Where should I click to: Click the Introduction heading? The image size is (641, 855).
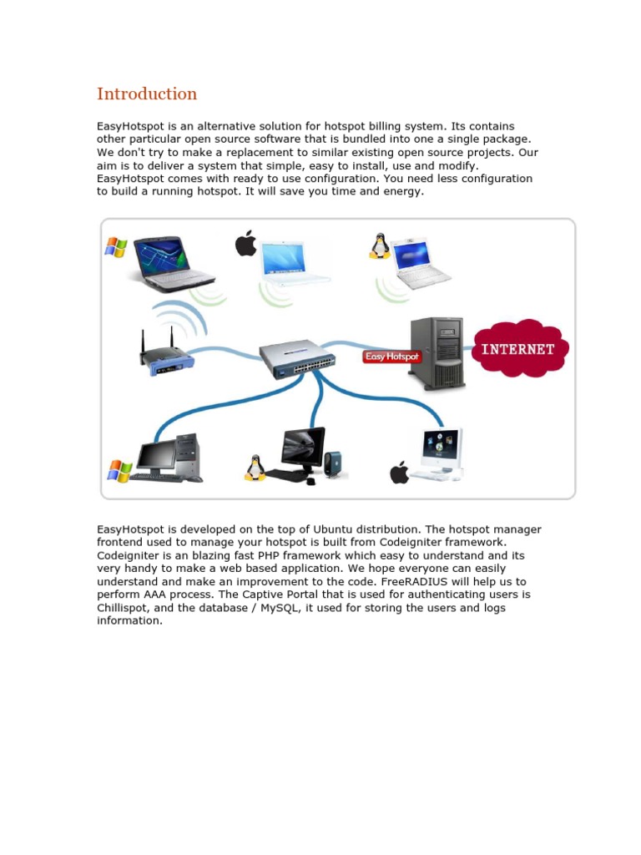tap(147, 94)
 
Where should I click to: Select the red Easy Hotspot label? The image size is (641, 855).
tap(392, 357)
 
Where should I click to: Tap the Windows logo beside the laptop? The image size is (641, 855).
tap(115, 246)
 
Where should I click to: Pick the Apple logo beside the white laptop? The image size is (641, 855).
tap(245, 244)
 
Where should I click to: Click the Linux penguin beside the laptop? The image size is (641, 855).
tap(380, 245)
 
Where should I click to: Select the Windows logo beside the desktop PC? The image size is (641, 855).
tap(119, 471)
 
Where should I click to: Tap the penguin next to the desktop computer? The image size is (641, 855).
tap(255, 468)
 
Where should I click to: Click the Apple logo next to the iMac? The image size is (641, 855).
tap(400, 473)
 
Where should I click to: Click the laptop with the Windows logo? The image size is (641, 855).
tap(174, 262)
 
